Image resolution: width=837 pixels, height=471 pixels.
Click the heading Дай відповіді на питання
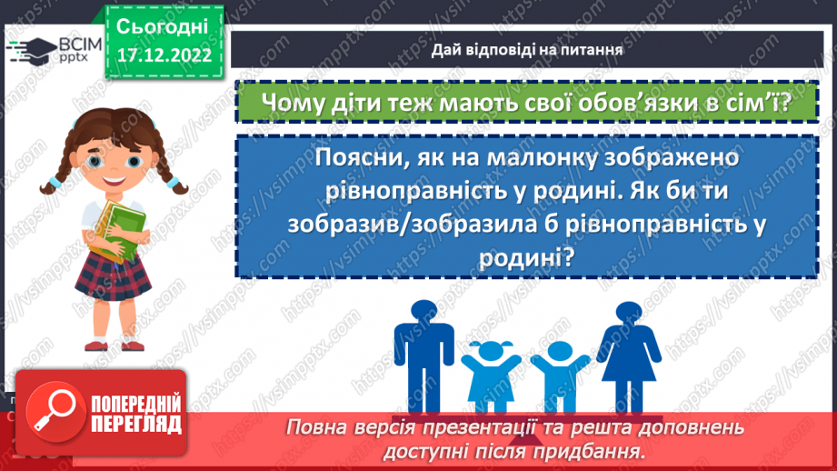tap(527, 51)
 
